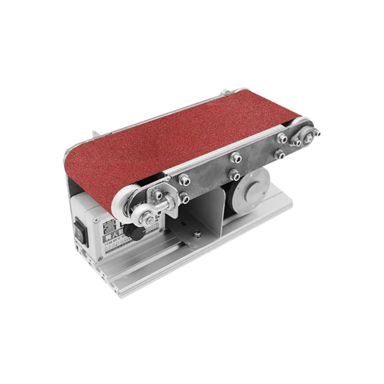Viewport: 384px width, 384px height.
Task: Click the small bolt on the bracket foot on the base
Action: tap(197, 233)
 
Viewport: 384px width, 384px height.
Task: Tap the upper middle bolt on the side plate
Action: tap(235, 156)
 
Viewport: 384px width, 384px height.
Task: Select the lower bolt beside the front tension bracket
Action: tap(184, 197)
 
